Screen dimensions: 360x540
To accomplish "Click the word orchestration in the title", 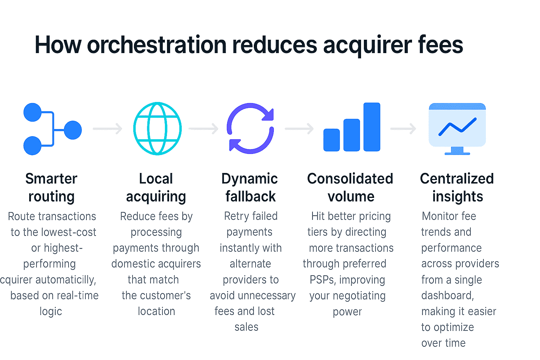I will click(x=157, y=45).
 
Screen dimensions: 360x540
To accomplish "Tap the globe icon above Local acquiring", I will click(x=157, y=128).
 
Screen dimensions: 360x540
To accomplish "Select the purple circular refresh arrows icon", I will click(x=250, y=128).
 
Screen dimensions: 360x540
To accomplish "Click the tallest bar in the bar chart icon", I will click(x=372, y=127).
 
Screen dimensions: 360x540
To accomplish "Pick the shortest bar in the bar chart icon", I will click(x=332, y=140).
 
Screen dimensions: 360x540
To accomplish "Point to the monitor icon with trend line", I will click(x=457, y=128).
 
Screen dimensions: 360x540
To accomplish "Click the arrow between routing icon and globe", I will click(x=108, y=129).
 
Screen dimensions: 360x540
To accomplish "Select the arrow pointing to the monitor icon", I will click(x=403, y=129).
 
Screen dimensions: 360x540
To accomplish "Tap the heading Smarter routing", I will click(x=51, y=187).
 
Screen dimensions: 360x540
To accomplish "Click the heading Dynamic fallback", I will click(x=250, y=187).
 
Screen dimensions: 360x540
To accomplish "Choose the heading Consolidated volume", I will click(x=350, y=187).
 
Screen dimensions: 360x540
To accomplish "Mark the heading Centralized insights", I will click(x=457, y=187).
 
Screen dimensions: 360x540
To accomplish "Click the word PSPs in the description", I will click(x=322, y=280).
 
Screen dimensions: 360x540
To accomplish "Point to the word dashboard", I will click(x=447, y=296).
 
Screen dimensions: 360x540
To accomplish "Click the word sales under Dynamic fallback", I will click(x=246, y=327).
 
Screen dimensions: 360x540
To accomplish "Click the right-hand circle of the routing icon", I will click(x=73, y=130).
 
